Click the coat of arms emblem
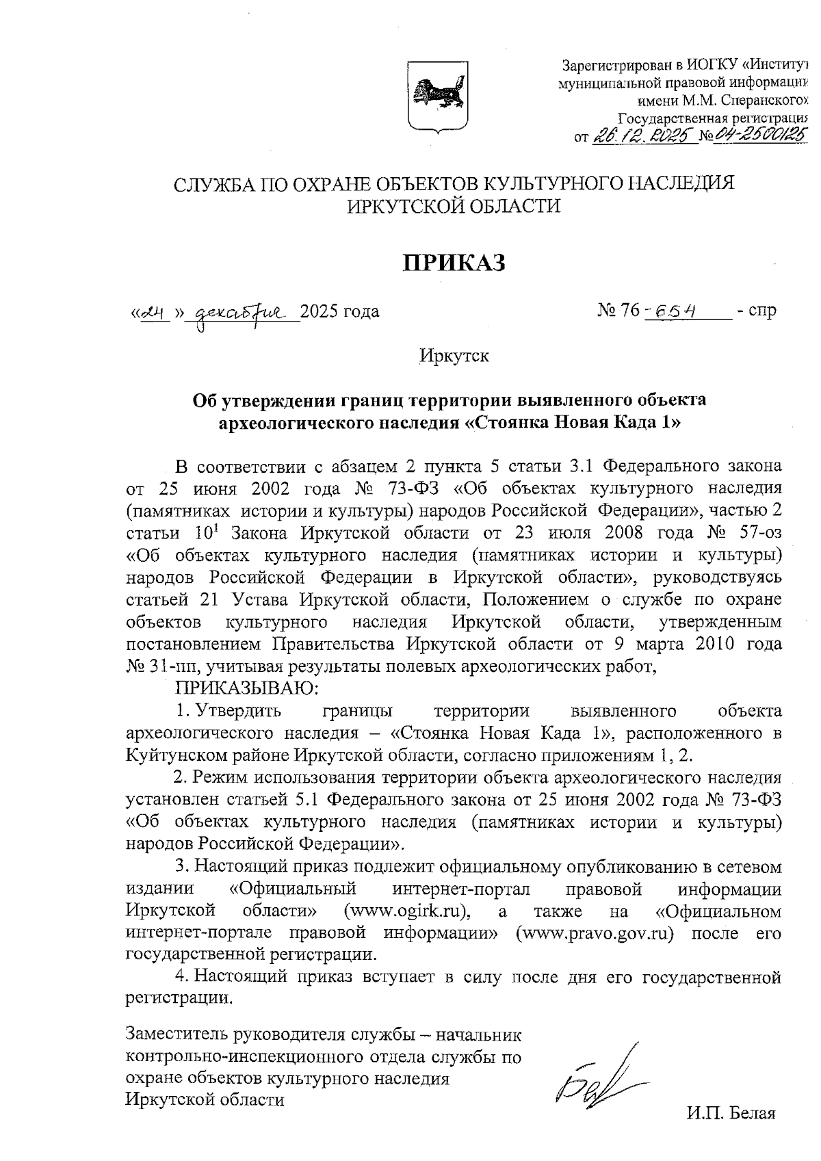(x=438, y=95)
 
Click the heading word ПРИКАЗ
(x=454, y=263)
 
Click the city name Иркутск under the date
(x=454, y=356)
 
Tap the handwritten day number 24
(x=155, y=313)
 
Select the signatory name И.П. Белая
(x=731, y=1113)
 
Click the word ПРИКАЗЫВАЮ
(x=244, y=686)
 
